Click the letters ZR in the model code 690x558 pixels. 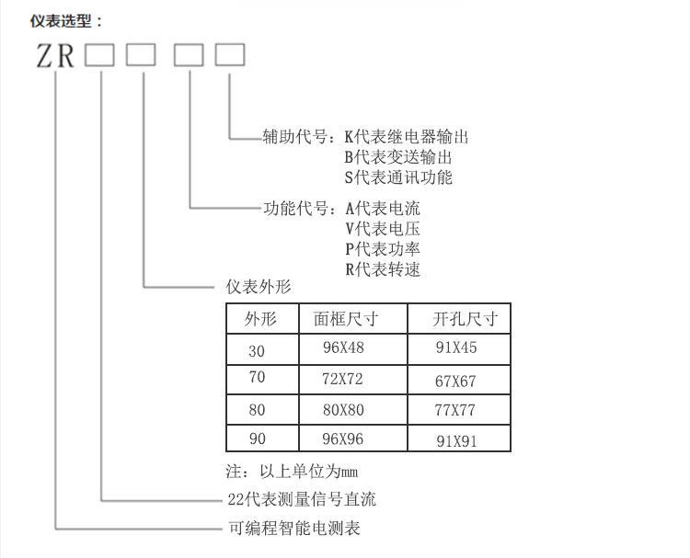tap(55, 56)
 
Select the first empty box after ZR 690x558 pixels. tap(99, 54)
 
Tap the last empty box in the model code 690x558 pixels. tap(230, 54)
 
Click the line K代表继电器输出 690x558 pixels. tap(406, 137)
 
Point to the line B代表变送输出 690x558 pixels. tap(397, 157)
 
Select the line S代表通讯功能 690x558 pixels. tap(398, 177)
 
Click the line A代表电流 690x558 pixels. tap(383, 209)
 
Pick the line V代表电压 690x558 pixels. tap(383, 229)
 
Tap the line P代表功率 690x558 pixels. tap(383, 249)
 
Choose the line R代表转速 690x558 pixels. tap(383, 269)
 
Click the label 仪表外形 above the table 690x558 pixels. tap(259, 287)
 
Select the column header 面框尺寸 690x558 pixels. tap(346, 319)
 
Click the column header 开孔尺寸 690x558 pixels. tap(466, 319)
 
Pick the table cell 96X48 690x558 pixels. tap(343, 347)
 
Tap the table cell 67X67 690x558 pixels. tap(455, 381)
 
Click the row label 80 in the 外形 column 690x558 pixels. tap(257, 410)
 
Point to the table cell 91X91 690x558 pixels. tap(456, 441)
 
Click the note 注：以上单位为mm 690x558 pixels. tap(292, 472)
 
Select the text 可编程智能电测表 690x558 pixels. tap(294, 528)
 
